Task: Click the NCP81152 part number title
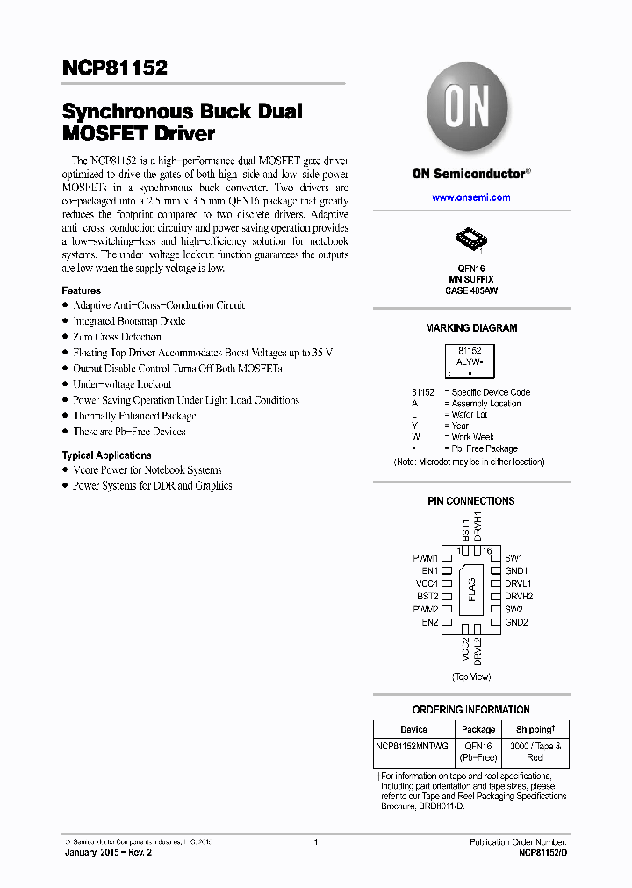point(114,68)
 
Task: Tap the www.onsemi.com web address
point(470,197)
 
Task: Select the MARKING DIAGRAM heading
point(471,328)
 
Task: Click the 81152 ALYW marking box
point(470,361)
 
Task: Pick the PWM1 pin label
point(426,557)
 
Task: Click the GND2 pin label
point(516,622)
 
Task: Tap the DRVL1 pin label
point(518,584)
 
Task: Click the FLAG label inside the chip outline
point(471,590)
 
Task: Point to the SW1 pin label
point(513,557)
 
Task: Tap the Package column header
point(478,729)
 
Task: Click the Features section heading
point(81,290)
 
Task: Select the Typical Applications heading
point(106,455)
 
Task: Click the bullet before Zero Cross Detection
point(65,337)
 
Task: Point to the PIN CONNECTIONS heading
point(471,501)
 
